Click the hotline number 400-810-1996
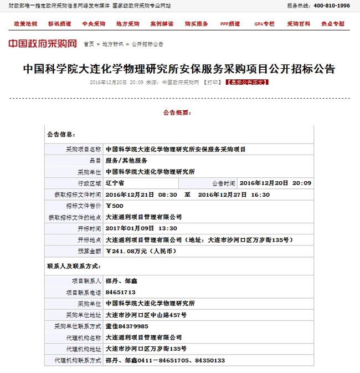[332, 6]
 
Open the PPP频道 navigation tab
[230, 24]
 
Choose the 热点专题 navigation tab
[332, 24]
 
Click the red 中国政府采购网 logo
[42, 44]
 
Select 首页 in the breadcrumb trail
[89, 44]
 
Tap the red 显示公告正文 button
[247, 82]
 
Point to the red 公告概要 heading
[177, 113]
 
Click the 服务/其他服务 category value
[126, 160]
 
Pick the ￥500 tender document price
[115, 206]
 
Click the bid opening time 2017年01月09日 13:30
[141, 228]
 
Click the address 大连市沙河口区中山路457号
[146, 315]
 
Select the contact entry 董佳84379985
[126, 326]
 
